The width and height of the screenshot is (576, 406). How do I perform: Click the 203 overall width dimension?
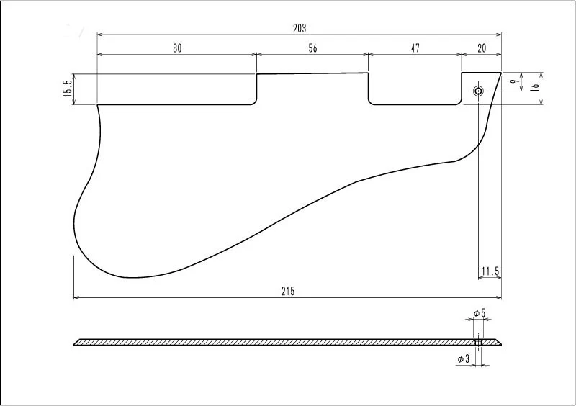coord(300,28)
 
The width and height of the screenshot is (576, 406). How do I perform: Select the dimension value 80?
coord(177,48)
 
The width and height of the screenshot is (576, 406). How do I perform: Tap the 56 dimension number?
coord(312,48)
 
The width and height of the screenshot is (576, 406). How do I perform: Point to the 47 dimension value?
coord(415,48)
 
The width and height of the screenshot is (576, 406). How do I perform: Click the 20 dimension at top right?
coord(481,48)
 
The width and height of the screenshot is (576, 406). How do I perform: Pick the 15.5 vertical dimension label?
coord(68,89)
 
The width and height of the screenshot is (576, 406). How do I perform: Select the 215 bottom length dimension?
coord(288,292)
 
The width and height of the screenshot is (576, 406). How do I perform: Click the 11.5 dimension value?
coord(490,271)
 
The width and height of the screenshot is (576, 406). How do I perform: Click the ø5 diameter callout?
coord(480,313)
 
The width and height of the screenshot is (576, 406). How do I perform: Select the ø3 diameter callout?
coord(463,359)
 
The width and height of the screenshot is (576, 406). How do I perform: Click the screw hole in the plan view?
coord(478,91)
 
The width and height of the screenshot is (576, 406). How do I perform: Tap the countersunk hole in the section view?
coord(478,342)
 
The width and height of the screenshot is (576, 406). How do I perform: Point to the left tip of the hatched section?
coord(74,345)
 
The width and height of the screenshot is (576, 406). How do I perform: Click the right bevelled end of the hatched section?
coord(498,342)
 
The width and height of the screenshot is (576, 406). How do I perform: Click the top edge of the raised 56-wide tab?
coord(312,73)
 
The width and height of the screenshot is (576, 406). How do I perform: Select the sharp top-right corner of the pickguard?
coord(501,73)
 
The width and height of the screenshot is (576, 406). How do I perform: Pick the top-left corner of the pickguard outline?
coord(97,105)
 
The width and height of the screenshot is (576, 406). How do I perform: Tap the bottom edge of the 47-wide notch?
coord(415,104)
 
